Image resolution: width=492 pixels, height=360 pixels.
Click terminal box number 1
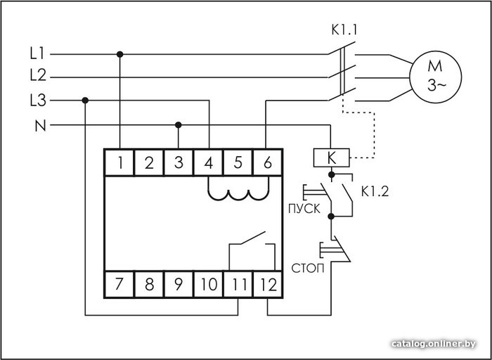[119, 162]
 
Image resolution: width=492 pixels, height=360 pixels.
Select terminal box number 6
[268, 162]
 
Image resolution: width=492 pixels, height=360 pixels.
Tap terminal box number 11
[238, 284]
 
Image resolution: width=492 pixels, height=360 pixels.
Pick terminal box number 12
[268, 284]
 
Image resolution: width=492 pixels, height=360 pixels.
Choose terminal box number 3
[179, 162]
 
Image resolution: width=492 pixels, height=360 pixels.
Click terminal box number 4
[208, 162]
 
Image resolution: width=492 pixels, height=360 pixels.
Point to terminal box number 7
[119, 284]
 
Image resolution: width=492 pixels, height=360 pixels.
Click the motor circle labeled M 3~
[435, 77]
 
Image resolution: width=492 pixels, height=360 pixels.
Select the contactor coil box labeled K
[331, 157]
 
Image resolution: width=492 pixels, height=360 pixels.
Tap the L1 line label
[38, 53]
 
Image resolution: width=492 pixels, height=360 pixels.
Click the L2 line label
[38, 75]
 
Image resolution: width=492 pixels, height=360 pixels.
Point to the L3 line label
[38, 101]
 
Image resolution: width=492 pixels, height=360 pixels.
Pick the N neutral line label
[40, 126]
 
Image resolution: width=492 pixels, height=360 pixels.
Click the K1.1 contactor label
[344, 30]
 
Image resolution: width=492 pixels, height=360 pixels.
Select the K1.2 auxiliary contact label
[375, 191]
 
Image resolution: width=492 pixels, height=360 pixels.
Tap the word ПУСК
[304, 209]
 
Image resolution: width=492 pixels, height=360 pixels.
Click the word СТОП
[308, 269]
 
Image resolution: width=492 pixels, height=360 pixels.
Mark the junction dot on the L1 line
[119, 54]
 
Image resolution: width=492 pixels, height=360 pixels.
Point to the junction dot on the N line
[179, 125]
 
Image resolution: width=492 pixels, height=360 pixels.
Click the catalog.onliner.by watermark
[434, 343]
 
